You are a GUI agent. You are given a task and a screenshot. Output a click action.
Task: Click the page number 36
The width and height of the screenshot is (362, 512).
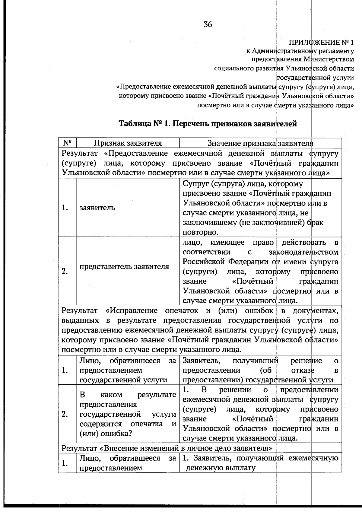click(x=208, y=24)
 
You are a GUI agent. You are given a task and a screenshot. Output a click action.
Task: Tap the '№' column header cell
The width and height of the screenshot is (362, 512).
click(x=67, y=143)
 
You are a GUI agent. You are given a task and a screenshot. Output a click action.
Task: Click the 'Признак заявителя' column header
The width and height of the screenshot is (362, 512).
click(x=128, y=143)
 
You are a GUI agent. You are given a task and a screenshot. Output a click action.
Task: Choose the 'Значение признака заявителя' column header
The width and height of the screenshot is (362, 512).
click(x=260, y=143)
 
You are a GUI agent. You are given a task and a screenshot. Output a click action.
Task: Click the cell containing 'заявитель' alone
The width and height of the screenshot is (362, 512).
click(x=97, y=208)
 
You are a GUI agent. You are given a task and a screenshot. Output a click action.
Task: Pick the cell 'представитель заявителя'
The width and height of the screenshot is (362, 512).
click(x=124, y=267)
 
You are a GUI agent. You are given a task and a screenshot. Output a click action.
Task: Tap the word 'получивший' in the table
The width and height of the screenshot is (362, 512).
click(x=255, y=361)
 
